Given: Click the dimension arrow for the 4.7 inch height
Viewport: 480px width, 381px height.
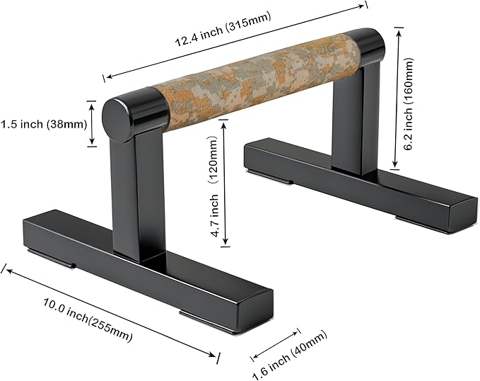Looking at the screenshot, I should tap(225, 184).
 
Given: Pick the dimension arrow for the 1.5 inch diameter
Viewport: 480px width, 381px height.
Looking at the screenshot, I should tap(91, 124).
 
